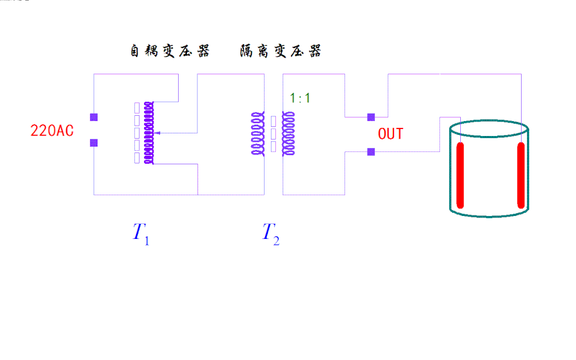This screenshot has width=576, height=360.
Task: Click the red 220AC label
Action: [x=52, y=131]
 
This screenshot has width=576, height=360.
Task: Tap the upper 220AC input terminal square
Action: [x=94, y=117]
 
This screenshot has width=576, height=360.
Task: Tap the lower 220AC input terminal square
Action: [x=94, y=143]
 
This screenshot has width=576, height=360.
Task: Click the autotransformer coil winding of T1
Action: [x=149, y=133]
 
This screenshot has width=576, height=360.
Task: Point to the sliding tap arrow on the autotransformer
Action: [x=157, y=133]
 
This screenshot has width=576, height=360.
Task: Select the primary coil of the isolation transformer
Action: [x=258, y=133]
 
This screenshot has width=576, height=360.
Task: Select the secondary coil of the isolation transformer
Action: [x=289, y=133]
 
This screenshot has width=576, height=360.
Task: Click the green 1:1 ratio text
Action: [x=300, y=98]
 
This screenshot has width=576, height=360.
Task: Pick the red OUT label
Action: [x=390, y=134]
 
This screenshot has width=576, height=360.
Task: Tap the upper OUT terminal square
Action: [x=371, y=117]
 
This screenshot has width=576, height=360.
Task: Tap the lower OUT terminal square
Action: [x=371, y=151]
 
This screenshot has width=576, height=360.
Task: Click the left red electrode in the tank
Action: [x=460, y=175]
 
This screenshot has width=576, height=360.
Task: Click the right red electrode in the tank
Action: [x=521, y=175]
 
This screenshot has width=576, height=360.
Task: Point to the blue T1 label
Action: [x=141, y=233]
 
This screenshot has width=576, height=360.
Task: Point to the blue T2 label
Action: [x=271, y=233]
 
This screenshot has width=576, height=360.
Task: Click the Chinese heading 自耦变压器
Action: [x=170, y=51]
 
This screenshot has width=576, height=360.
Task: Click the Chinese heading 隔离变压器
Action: [x=281, y=51]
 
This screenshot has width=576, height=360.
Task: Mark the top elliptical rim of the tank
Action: [x=489, y=120]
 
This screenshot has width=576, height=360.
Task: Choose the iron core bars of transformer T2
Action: [x=273, y=134]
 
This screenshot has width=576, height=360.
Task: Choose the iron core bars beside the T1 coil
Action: [x=137, y=133]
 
